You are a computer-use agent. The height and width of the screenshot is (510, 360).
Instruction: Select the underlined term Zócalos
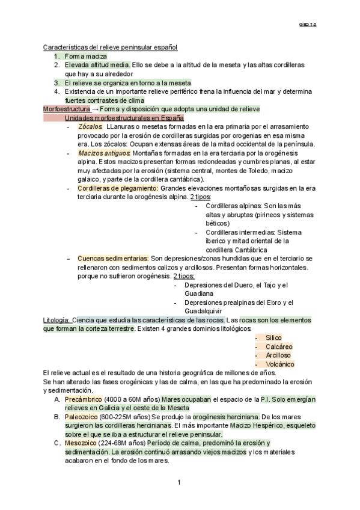tap(90, 127)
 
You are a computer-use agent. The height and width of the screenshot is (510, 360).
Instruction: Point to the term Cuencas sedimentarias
tap(112, 258)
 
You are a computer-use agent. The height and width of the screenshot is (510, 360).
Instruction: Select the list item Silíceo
tap(273, 337)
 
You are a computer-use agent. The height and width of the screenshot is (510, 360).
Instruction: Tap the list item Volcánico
tap(279, 364)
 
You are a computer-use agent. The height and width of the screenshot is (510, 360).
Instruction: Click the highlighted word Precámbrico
tap(83, 399)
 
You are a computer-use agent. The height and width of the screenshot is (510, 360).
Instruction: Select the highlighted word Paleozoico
tap(82, 416)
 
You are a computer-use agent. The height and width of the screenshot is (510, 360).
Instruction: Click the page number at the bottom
tap(179, 483)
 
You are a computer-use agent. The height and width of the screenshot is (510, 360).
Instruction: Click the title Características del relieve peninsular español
tap(110, 47)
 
